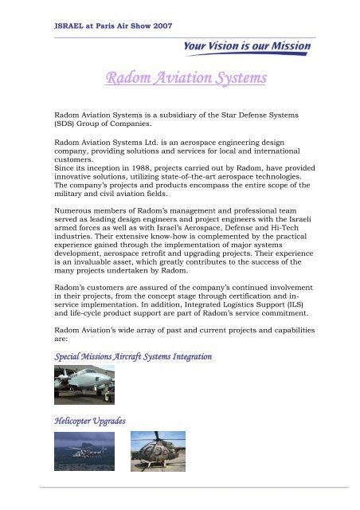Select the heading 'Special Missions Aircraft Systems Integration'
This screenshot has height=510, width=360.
tap(131, 357)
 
